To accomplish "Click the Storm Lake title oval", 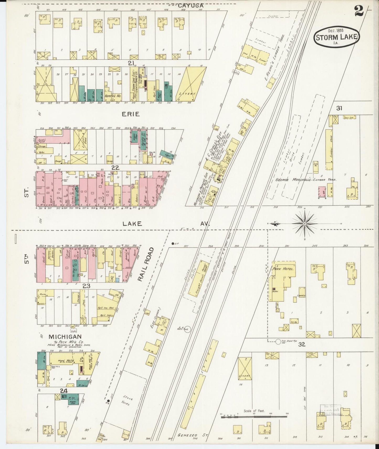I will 337,37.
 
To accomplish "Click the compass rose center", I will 305,224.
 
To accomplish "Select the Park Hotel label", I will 283,269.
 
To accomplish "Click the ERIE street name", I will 130,114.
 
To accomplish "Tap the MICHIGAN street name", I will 65,336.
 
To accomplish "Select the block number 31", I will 339,108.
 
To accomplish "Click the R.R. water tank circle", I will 187,329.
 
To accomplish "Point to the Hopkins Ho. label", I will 113,96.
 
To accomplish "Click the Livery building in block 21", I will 191,85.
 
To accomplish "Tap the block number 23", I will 87,286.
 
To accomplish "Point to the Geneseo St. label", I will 193,435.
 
